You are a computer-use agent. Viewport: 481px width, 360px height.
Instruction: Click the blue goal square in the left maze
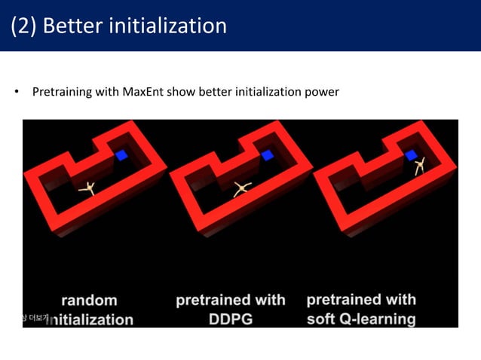point(121,156)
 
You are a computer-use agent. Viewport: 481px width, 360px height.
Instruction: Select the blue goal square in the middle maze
point(267,155)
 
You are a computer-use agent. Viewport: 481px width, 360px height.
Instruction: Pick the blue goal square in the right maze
point(411,155)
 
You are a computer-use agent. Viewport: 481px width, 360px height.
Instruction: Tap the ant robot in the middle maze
point(242,189)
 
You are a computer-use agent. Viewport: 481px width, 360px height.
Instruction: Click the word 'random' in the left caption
point(90,301)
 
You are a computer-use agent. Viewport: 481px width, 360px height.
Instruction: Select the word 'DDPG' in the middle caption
point(230,319)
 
